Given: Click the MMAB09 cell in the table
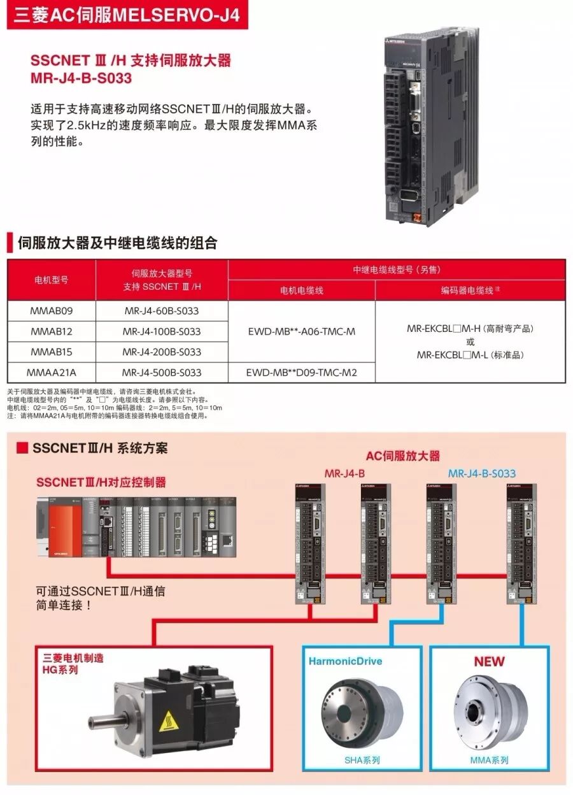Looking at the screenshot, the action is [51, 311].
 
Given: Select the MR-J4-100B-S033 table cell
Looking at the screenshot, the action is [162, 331].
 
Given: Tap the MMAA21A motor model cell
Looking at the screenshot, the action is [51, 372].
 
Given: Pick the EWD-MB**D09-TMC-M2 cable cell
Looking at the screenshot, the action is [301, 372].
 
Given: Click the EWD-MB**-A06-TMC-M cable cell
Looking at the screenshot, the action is [301, 331].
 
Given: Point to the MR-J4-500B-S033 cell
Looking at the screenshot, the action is [162, 372].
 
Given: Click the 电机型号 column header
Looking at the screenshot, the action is [51, 280].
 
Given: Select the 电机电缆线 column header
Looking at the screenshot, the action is [301, 290].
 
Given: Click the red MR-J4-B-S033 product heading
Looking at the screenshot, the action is [81, 78].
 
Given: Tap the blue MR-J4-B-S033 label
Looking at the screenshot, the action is [481, 473].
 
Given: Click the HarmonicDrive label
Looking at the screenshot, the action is [346, 661].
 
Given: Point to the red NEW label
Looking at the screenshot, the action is [489, 662].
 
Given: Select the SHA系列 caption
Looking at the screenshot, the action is [362, 760].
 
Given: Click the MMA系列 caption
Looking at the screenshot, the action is [489, 760].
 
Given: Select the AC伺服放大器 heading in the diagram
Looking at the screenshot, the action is [402, 456].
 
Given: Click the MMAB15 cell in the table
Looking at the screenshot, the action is [51, 352].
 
